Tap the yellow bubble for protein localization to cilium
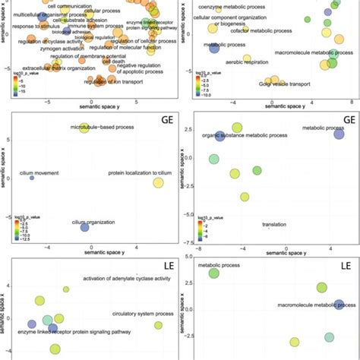[158, 182]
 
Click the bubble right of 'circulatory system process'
[158, 325]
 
